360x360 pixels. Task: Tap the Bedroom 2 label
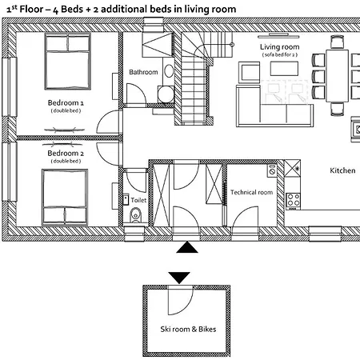click(66, 153)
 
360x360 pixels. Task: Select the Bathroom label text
click(143, 72)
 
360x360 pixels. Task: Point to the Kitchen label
click(342, 170)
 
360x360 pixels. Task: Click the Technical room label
click(252, 192)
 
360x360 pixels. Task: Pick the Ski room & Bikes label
click(188, 329)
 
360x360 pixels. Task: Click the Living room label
click(280, 47)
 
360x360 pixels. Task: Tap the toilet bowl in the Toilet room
click(135, 215)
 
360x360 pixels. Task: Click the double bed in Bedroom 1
click(68, 61)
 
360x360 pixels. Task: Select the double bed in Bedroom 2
click(65, 197)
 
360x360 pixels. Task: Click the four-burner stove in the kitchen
click(293, 201)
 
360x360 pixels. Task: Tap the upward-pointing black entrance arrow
click(187, 247)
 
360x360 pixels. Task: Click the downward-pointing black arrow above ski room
click(179, 278)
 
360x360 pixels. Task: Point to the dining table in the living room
click(337, 76)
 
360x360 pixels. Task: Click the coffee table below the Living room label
click(284, 69)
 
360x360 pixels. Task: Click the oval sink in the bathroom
click(169, 71)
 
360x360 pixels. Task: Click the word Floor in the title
click(31, 9)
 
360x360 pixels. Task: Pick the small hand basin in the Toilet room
click(126, 200)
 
